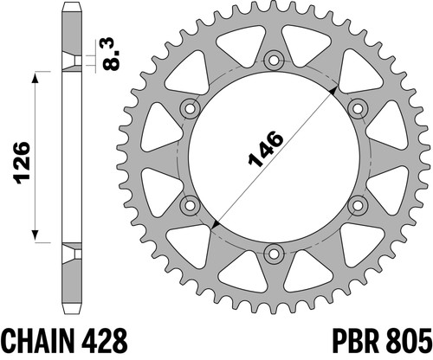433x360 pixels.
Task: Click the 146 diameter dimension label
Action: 266,149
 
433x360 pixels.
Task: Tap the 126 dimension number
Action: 22,163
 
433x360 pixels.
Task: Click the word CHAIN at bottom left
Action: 37,340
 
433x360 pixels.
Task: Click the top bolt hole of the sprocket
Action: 274,61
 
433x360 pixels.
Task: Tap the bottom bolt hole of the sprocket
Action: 274,254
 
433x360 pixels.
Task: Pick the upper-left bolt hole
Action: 190,109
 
